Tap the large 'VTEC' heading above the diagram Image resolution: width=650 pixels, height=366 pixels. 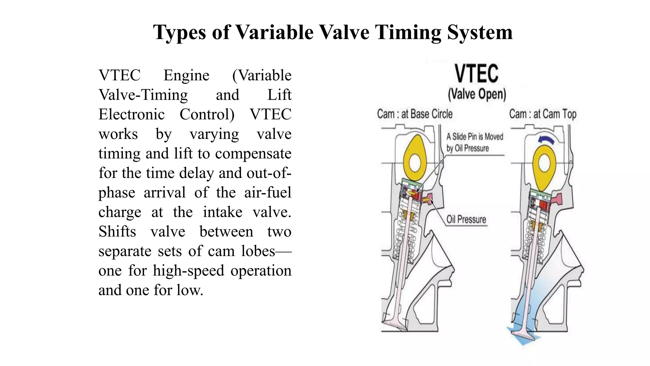(476, 74)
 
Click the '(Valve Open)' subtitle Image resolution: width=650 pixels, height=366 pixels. (477, 94)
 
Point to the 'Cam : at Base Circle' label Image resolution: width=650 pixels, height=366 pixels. (415, 114)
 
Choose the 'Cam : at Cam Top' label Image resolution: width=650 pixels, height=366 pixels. (543, 114)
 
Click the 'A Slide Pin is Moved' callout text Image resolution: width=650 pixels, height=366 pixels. (475, 137)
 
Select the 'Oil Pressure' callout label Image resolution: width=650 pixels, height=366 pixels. (466, 219)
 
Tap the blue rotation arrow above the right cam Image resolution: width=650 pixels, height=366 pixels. (546, 140)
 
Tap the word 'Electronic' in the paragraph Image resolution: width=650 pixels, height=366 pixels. (131, 114)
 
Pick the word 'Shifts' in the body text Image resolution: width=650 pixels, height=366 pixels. (117, 232)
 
